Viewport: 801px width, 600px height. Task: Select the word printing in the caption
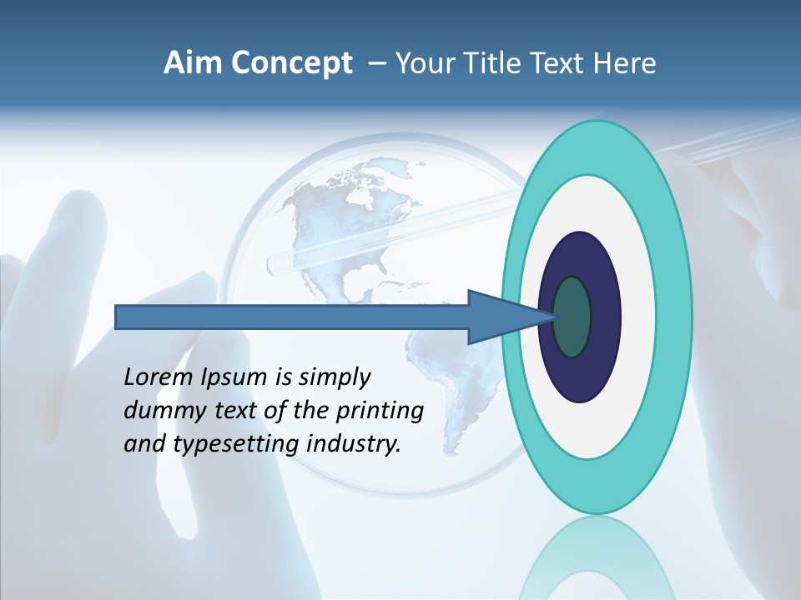(380, 412)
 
